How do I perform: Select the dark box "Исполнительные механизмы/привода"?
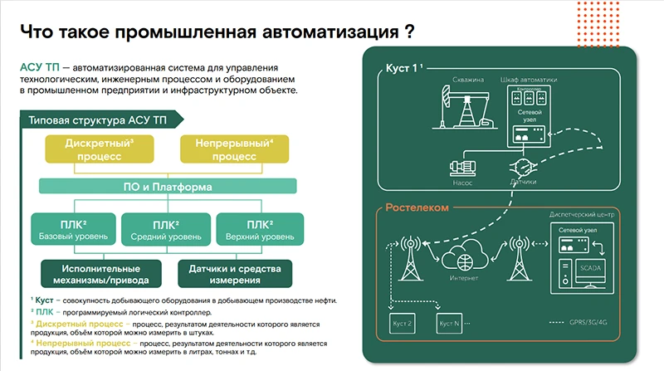click(94, 273)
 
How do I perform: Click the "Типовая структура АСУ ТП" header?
click(89, 118)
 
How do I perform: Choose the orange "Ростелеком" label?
click(418, 207)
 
